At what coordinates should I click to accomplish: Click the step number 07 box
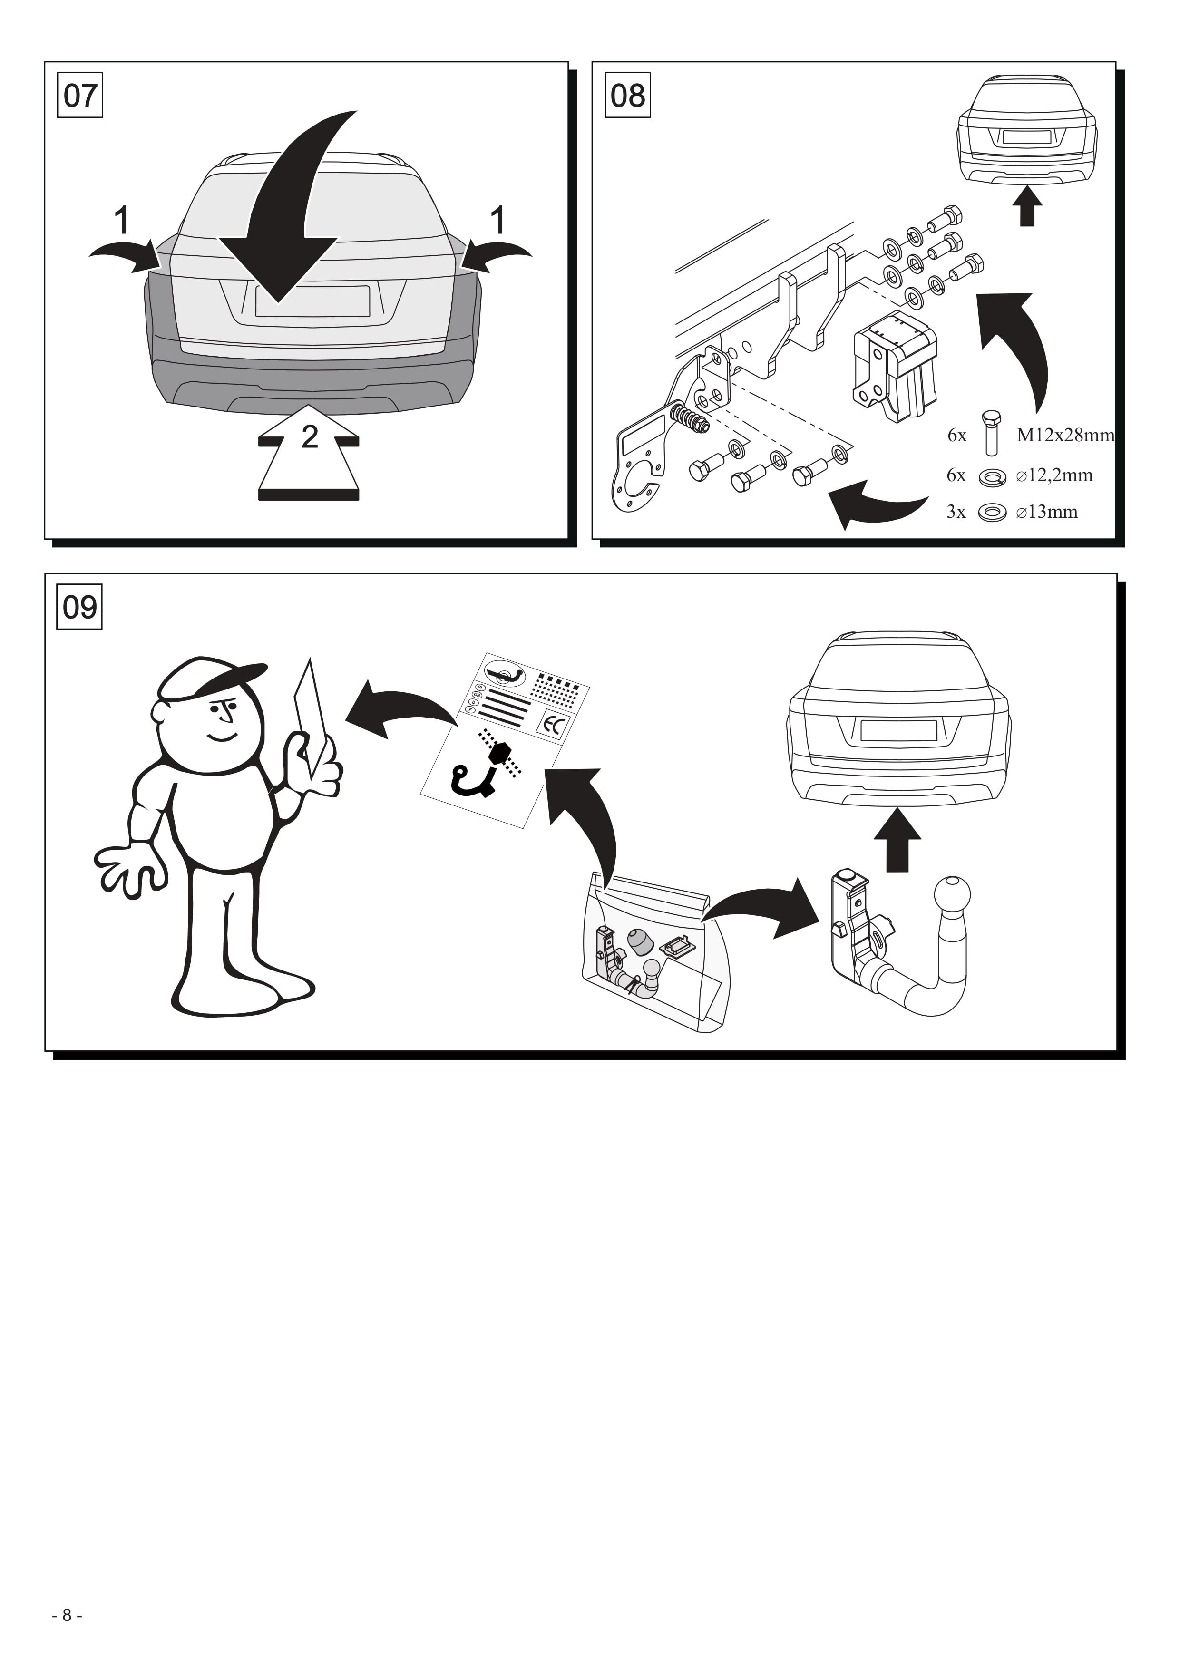(80, 95)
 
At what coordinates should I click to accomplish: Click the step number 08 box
(628, 95)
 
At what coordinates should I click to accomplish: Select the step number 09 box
(79, 607)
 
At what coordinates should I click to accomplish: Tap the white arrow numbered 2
(309, 452)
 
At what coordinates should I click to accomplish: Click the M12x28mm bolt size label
(1064, 435)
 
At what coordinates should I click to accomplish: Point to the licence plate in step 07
(312, 301)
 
